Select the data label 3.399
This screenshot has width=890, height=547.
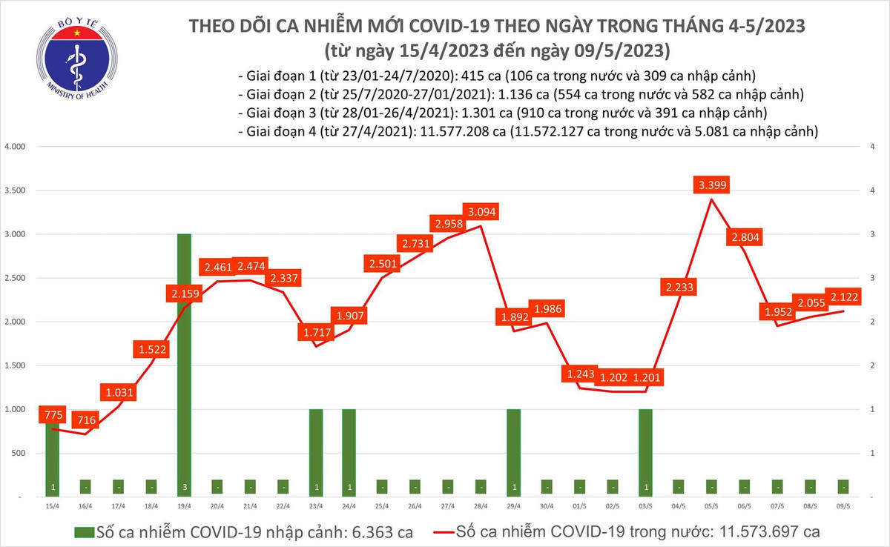711,185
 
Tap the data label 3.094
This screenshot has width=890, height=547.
480,213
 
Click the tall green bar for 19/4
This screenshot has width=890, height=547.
183,363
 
